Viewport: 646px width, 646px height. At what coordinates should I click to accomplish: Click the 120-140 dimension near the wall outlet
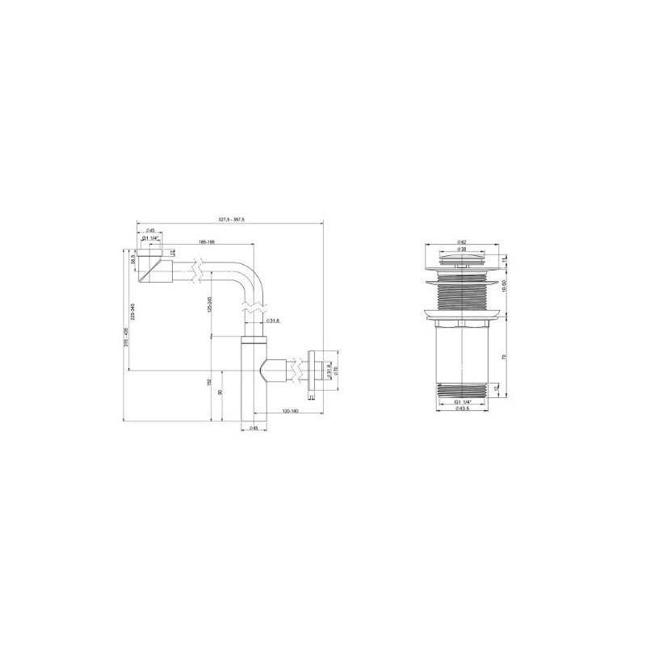click(x=289, y=411)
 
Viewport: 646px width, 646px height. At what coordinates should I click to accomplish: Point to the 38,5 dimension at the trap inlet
click(x=132, y=261)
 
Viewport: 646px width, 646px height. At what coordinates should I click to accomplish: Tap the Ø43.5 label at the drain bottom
click(x=463, y=409)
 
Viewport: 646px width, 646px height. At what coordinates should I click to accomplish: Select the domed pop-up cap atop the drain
click(x=459, y=258)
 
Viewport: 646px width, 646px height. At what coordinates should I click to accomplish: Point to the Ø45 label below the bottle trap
click(x=254, y=428)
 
